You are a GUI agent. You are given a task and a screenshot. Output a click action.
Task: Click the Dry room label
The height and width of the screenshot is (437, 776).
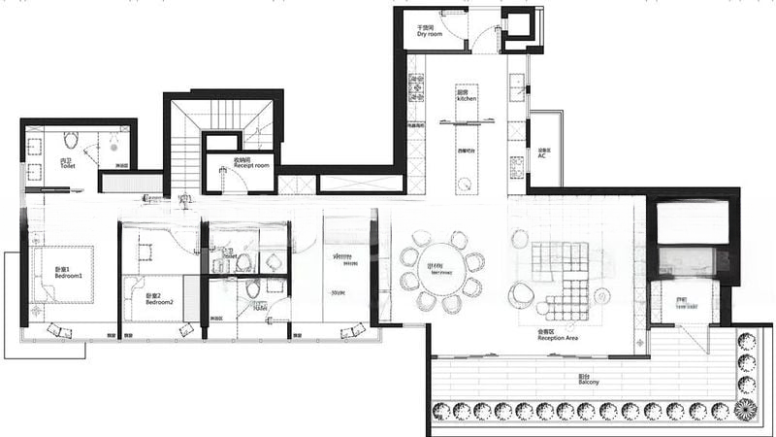(430, 31)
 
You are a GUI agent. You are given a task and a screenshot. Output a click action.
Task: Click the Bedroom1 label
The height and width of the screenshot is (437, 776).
(68, 272)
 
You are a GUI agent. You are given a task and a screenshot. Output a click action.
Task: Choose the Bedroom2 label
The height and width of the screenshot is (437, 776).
(159, 299)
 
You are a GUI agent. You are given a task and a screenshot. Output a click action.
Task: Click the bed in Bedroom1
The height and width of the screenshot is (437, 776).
(63, 274)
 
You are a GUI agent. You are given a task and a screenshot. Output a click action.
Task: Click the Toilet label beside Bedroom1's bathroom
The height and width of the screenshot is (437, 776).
(67, 164)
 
